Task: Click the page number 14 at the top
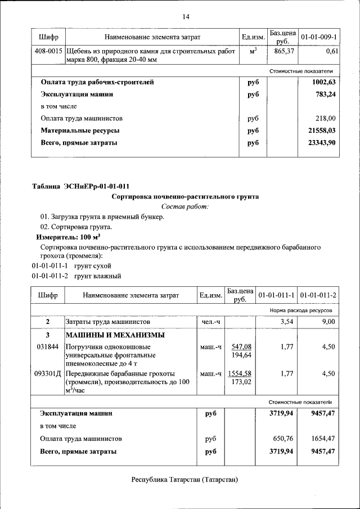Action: [x=186, y=17]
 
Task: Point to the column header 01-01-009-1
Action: [x=319, y=37]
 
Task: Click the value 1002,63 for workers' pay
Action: [x=324, y=82]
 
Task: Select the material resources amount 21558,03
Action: [x=322, y=130]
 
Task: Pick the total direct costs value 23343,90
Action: [x=322, y=143]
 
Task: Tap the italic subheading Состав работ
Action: [x=185, y=207]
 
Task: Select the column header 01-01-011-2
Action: [x=318, y=295]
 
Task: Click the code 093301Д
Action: [x=48, y=373]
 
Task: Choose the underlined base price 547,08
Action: [x=241, y=347]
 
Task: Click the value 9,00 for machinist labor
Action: [x=328, y=322]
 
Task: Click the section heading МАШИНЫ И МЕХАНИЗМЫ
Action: [x=115, y=335]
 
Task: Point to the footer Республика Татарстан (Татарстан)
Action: [x=184, y=480]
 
